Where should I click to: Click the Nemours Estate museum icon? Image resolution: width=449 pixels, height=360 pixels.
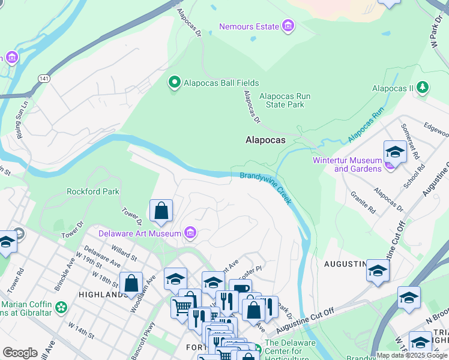(288, 26)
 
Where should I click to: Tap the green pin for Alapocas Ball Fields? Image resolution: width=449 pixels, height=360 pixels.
(175, 83)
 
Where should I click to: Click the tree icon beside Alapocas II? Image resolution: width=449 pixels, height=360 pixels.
(423, 88)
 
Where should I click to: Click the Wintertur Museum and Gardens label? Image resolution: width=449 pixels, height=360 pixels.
(348, 164)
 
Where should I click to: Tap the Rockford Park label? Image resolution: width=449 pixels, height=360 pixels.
(93, 192)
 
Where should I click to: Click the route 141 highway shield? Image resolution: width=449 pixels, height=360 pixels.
(44, 79)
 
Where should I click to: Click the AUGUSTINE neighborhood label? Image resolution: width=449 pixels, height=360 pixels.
(345, 264)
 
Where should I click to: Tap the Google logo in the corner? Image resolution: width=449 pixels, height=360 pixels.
(20, 353)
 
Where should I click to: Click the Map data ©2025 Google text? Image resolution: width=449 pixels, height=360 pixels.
(412, 355)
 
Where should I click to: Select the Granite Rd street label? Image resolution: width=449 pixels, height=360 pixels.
(363, 202)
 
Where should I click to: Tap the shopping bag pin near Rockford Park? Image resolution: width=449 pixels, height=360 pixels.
(161, 211)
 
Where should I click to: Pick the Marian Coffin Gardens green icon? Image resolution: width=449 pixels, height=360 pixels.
(61, 308)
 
